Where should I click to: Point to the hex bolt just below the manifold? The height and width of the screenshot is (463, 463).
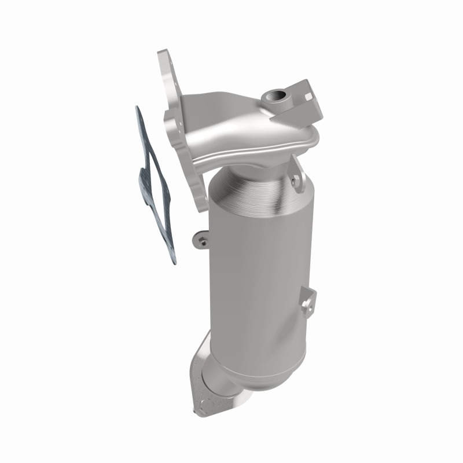(x=297, y=181)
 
